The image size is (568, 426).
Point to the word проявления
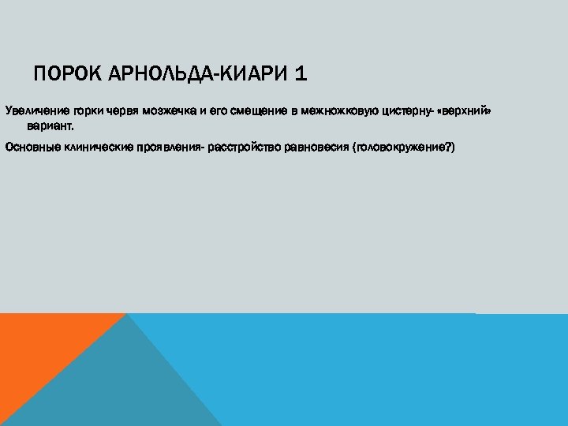point(171,147)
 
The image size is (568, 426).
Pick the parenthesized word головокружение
point(403,147)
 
